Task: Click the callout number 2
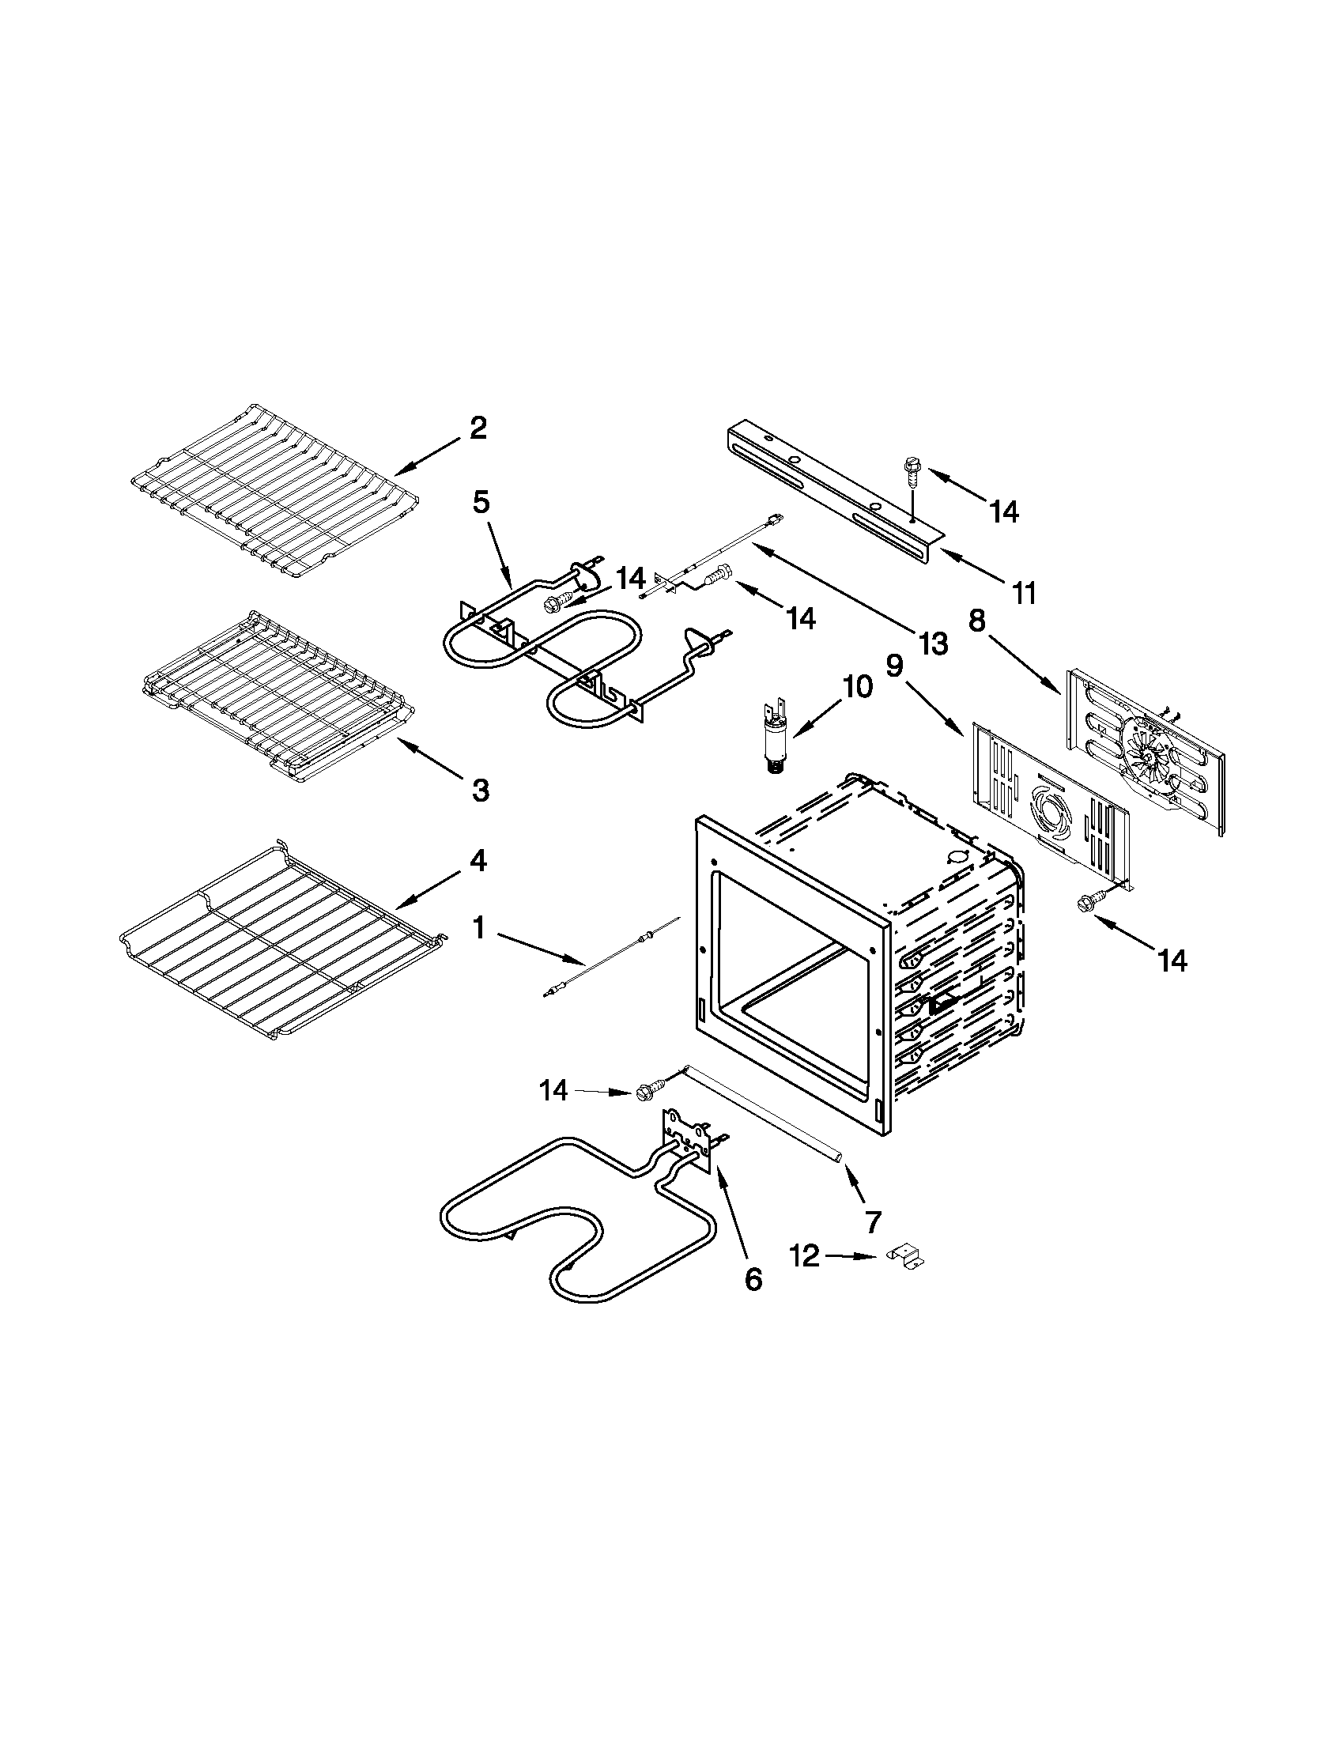(x=478, y=428)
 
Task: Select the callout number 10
(x=856, y=686)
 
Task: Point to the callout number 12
(x=804, y=1256)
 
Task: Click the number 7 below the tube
(x=873, y=1220)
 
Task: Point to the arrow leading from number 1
(x=542, y=945)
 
